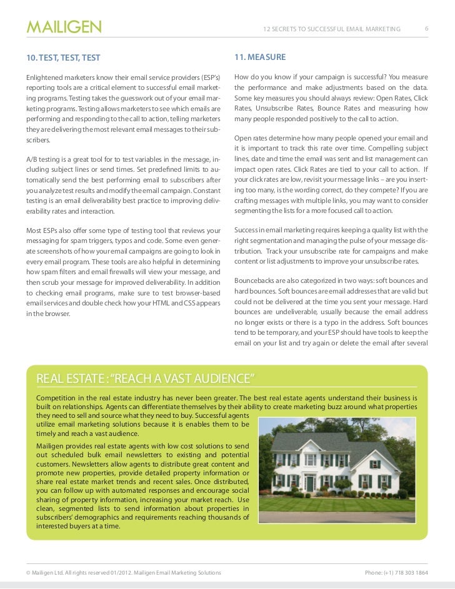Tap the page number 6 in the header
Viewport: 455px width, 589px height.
(x=426, y=29)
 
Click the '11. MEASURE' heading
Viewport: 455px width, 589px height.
(x=260, y=57)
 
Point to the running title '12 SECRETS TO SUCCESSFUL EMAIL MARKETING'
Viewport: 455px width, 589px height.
(x=332, y=29)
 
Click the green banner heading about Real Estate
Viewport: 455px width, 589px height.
(x=146, y=379)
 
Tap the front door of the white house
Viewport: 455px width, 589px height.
(x=310, y=483)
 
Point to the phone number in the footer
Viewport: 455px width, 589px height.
(x=396, y=573)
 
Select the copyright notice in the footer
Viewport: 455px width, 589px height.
(x=122, y=573)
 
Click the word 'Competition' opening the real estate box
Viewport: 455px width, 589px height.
(x=59, y=398)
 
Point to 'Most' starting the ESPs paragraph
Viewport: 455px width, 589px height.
(x=34, y=230)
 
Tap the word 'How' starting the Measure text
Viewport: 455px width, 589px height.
(x=242, y=77)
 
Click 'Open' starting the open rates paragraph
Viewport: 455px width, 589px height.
(x=244, y=138)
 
